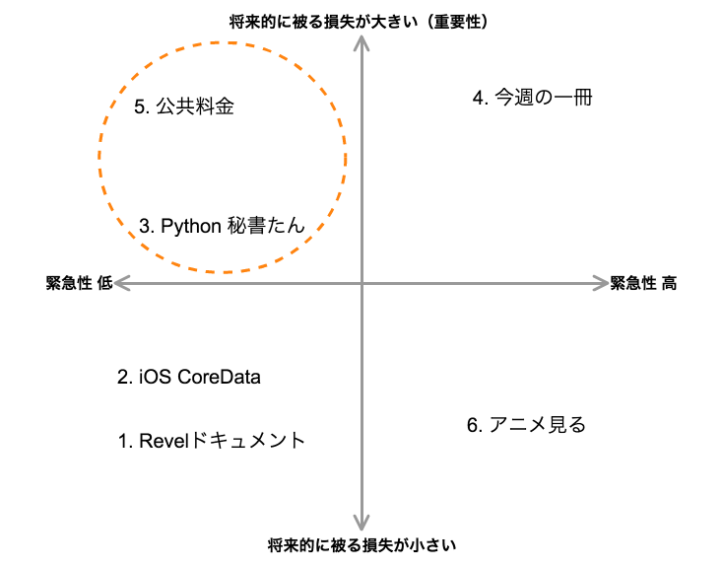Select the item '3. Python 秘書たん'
222,226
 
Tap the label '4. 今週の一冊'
532,98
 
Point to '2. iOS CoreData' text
189,377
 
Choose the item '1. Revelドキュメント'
212,441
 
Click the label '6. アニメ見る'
526,425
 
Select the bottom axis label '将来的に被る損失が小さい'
361,544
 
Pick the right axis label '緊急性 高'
643,283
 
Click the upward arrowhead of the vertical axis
362,40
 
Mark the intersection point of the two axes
362,283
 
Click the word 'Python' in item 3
189,226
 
